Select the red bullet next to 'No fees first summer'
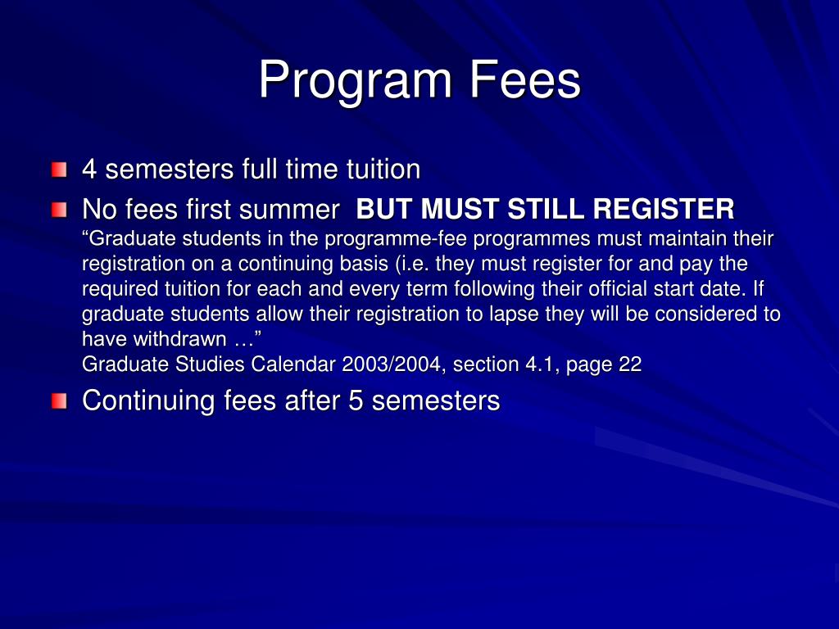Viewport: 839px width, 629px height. pyautogui.click(x=59, y=210)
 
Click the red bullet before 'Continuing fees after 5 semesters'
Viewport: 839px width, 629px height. pyautogui.click(x=59, y=401)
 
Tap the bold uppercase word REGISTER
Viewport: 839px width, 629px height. pyautogui.click(x=664, y=210)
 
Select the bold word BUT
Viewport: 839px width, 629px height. pyautogui.click(x=385, y=210)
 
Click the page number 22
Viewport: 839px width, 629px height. pyautogui.click(x=630, y=364)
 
